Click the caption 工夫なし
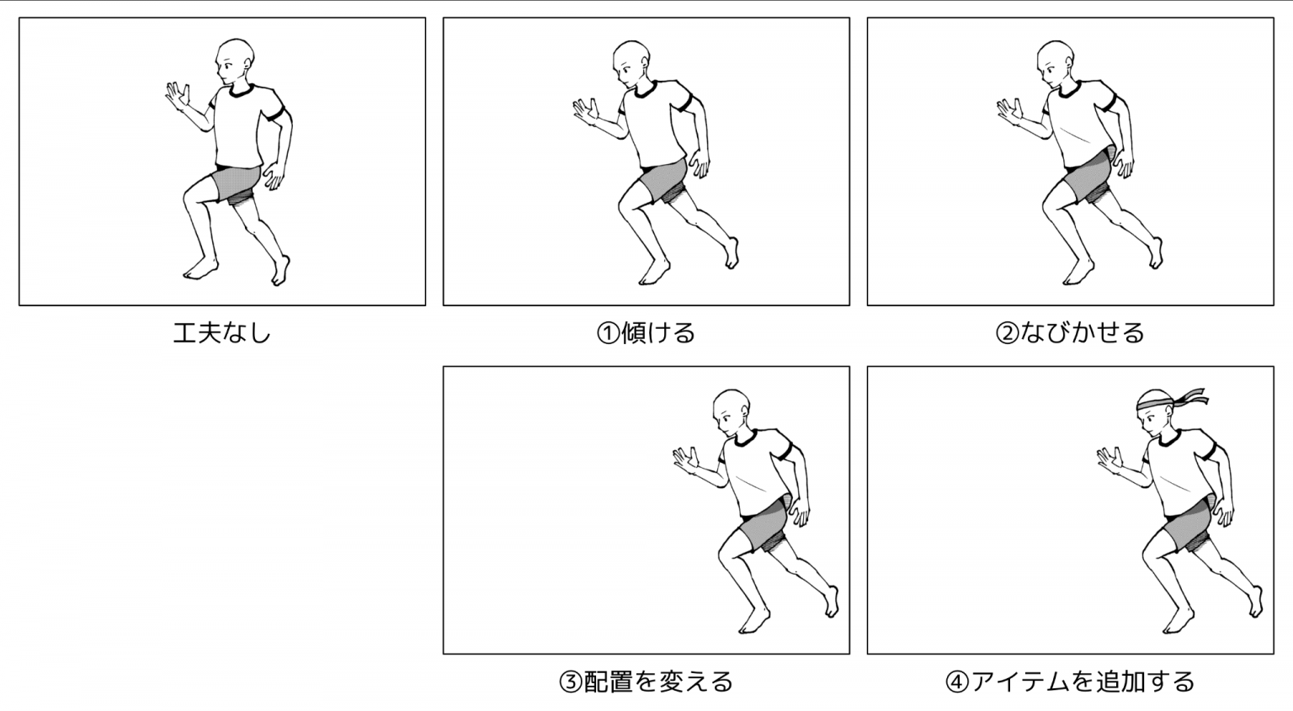[x=222, y=333]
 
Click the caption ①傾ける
[x=646, y=333]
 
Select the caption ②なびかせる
[x=1070, y=333]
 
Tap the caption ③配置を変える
[x=646, y=682]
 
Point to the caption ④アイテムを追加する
[x=1070, y=682]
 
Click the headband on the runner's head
[x=1154, y=401]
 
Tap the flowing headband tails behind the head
[x=1190, y=396]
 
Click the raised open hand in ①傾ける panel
[x=587, y=111]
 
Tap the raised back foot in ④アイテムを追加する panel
[x=1255, y=602]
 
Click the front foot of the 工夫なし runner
[x=200, y=270]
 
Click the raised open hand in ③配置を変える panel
[x=687, y=460]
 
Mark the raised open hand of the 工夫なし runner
[x=178, y=96]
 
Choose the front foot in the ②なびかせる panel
[x=1078, y=273]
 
